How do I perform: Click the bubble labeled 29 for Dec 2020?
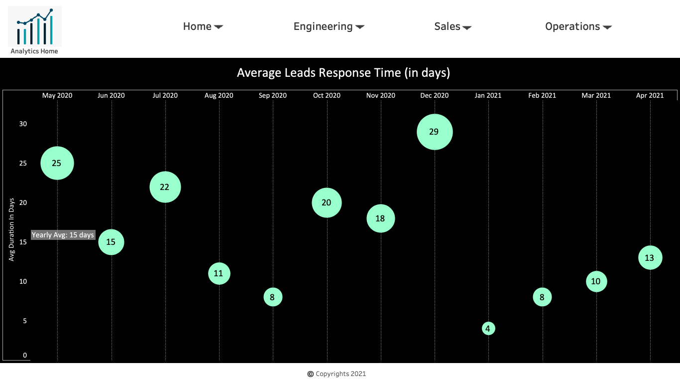(435, 132)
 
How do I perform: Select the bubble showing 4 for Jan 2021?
(488, 329)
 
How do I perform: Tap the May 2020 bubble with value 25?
(57, 163)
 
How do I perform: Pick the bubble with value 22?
(165, 187)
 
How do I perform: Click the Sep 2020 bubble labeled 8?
(273, 297)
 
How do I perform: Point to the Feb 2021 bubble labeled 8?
(542, 297)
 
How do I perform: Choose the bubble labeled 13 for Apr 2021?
(650, 258)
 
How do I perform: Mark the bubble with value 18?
(381, 218)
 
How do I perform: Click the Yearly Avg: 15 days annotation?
(63, 235)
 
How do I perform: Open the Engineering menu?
(329, 26)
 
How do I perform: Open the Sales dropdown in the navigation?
(453, 26)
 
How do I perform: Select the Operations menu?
(578, 26)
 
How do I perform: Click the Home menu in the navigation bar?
(203, 26)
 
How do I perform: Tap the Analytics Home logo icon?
(35, 26)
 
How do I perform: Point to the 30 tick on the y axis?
(23, 124)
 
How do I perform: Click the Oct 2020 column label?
(327, 95)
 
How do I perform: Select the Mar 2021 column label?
(596, 95)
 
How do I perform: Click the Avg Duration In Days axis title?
(11, 230)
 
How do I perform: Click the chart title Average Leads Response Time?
(343, 73)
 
